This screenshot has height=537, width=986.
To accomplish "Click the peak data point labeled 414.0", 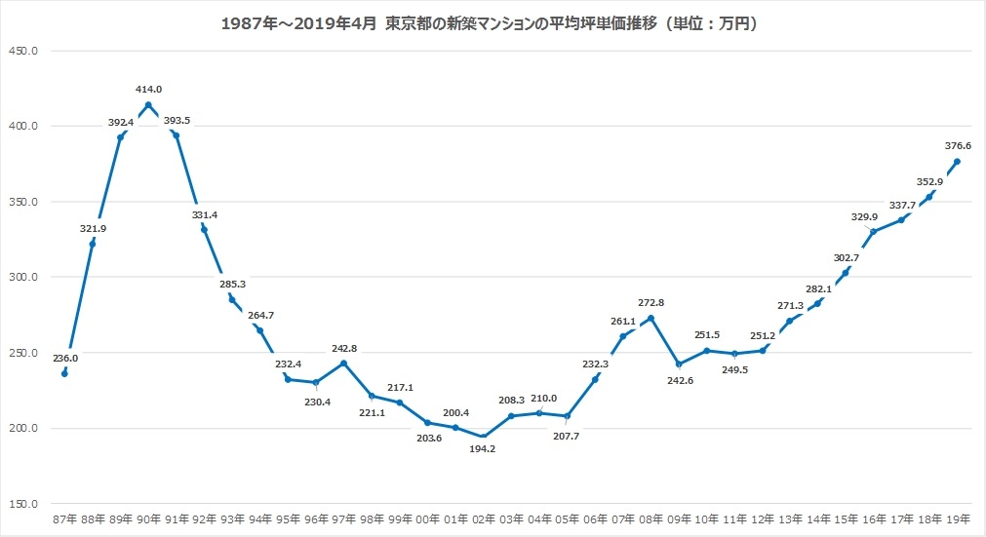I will (148, 105).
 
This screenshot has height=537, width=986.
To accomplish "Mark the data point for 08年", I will (651, 319).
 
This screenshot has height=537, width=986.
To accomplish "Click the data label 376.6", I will (958, 146).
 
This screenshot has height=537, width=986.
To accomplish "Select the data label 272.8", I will (651, 303).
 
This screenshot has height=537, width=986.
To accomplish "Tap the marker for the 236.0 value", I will (64, 373).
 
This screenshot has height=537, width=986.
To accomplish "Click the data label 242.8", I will (343, 348).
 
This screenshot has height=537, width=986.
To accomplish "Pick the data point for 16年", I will (874, 232).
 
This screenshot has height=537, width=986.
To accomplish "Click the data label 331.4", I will (204, 214).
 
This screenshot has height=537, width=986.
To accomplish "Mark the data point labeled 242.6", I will (679, 364).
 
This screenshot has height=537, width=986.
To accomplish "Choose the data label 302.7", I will (847, 257).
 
